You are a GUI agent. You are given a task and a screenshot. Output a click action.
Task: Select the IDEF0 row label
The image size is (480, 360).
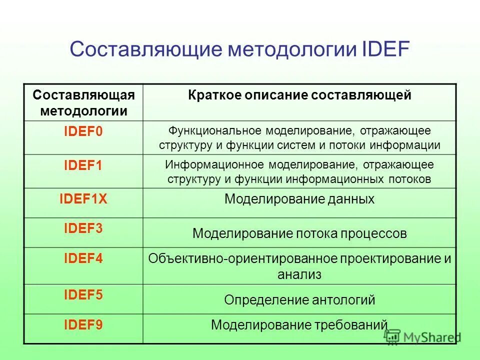[83, 132]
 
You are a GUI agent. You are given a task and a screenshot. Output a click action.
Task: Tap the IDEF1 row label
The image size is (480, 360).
[83, 166]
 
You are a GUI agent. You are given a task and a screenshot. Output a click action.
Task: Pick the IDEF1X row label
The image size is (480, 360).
[83, 199]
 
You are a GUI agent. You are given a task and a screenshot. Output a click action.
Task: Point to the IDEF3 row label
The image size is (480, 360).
[83, 228]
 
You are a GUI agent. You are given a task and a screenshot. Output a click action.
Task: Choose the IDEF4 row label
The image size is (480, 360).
[83, 259]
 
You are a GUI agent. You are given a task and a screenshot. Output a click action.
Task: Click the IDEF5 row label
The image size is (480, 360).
[83, 295]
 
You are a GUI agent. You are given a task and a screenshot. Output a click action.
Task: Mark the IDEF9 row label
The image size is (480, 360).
[83, 325]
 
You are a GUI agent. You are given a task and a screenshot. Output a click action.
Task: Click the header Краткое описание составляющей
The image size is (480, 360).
[299, 95]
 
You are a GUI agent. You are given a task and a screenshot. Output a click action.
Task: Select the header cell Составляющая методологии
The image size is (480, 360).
[83, 102]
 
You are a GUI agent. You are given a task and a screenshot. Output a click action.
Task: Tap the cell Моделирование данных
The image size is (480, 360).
[299, 199]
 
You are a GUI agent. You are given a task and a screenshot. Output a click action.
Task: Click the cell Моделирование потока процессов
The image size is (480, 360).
[299, 233]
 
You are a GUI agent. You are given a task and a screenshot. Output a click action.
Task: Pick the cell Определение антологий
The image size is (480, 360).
[299, 300]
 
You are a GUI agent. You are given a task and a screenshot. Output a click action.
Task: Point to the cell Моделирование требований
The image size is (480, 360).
[299, 325]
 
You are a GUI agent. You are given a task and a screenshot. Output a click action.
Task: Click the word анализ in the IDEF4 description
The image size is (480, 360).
[299, 274]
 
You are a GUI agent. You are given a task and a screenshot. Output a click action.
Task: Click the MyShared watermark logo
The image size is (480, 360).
[422, 336]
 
